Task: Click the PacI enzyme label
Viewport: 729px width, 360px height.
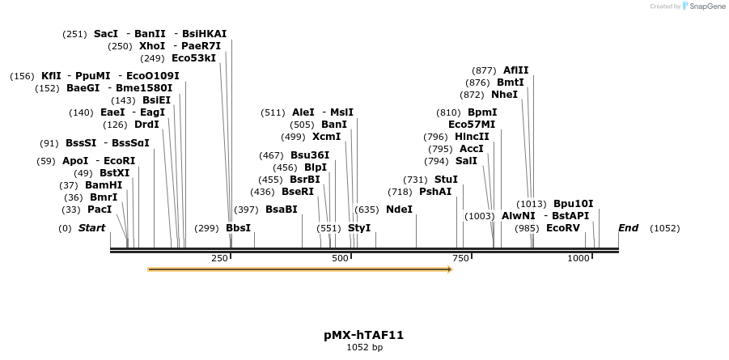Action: pyautogui.click(x=100, y=210)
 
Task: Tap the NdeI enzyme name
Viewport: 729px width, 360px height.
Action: pyautogui.click(x=399, y=210)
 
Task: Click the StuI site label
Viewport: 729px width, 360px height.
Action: pyautogui.click(x=446, y=180)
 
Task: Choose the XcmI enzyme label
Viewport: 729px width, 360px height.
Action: pyautogui.click(x=326, y=137)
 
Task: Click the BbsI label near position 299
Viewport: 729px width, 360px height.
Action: pyautogui.click(x=238, y=228)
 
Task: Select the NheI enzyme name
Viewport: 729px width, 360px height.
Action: pyautogui.click(x=504, y=95)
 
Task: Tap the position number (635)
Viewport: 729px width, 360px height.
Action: pyautogui.click(x=367, y=210)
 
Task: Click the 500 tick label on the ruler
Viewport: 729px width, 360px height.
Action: pyautogui.click(x=341, y=258)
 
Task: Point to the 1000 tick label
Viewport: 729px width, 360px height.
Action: pyautogui.click(x=579, y=258)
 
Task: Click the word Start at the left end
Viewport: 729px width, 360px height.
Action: pyautogui.click(x=91, y=228)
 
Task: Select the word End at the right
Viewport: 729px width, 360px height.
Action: pyautogui.click(x=628, y=228)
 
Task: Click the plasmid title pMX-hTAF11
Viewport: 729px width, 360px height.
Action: pyautogui.click(x=363, y=334)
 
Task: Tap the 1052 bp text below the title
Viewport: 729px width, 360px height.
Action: pyautogui.click(x=364, y=347)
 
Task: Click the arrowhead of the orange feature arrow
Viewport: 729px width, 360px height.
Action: pyautogui.click(x=449, y=269)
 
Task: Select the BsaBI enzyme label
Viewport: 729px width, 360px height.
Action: pyautogui.click(x=281, y=210)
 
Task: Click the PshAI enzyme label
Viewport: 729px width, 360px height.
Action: pyautogui.click(x=435, y=192)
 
